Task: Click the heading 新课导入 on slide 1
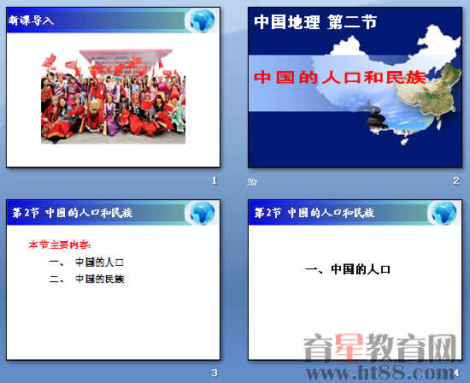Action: tap(32, 20)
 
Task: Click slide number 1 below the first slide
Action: tap(214, 180)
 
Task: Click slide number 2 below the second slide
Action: tap(456, 180)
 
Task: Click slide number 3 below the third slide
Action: tap(214, 373)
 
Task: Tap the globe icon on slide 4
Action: tap(441, 212)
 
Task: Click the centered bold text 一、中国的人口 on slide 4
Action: tap(348, 269)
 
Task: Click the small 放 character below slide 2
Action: tap(252, 181)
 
